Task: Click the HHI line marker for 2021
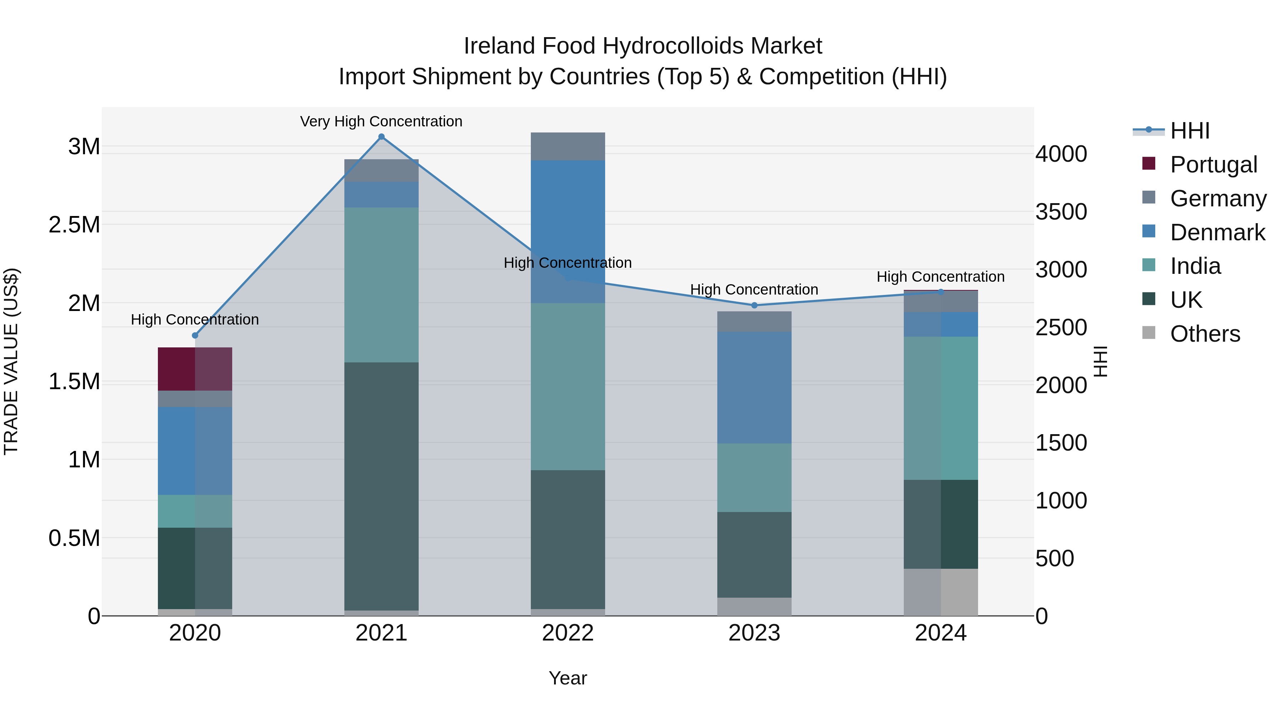[382, 137]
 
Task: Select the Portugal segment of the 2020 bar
[195, 369]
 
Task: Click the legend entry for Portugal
[1213, 165]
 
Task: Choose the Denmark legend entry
[1217, 232]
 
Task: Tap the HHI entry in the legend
[1190, 131]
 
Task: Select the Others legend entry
[1205, 334]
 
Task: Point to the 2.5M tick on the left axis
[74, 225]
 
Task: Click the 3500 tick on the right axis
[1061, 212]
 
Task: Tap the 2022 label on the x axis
[568, 633]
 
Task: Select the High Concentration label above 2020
[195, 319]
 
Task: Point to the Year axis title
[568, 678]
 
